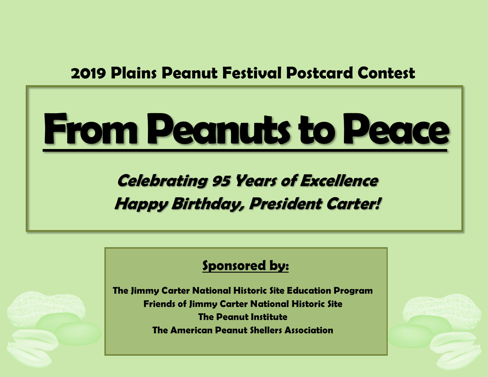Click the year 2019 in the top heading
coord(88,73)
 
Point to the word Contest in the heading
coord(386,73)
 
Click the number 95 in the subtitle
coord(221,181)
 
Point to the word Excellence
coord(339,181)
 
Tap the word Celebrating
coord(162,181)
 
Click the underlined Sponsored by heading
coord(245,266)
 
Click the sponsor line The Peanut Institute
coord(243,317)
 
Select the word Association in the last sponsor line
coord(309,330)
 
